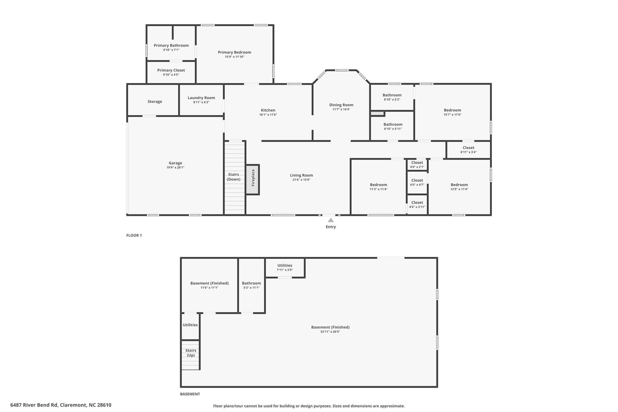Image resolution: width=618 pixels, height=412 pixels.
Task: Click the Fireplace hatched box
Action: coord(253,180)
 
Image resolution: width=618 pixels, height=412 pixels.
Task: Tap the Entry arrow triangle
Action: coord(331,220)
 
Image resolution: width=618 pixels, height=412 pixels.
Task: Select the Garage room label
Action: coord(175,163)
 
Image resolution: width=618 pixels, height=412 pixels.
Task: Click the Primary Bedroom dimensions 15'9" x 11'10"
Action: coord(234,57)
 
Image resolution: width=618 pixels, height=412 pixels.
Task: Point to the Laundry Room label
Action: coord(201,98)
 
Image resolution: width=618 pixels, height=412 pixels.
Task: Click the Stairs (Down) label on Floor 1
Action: coord(234,177)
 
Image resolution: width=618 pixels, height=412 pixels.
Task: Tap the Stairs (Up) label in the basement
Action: coord(191,353)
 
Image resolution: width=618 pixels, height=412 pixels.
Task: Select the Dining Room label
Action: coord(341,105)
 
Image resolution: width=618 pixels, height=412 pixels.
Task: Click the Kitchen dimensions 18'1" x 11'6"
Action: coord(268,115)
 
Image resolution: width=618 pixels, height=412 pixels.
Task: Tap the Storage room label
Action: coord(155,102)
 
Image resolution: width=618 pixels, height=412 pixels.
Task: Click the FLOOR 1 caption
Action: coord(134,235)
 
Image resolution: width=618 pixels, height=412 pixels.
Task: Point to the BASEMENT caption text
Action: coord(190,394)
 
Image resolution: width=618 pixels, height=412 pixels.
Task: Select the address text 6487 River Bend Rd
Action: coord(34,405)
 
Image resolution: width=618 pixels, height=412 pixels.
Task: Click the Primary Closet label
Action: coord(171,70)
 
